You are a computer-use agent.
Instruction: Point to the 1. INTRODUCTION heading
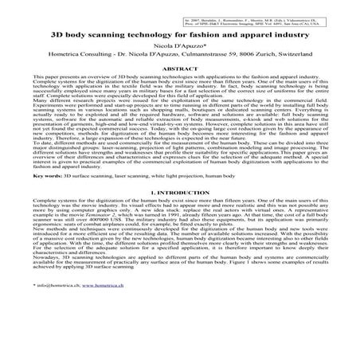(x=180, y=214)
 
